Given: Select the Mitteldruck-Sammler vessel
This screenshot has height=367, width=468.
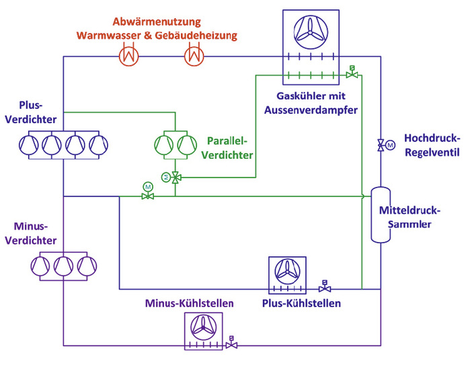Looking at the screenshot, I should (x=381, y=215).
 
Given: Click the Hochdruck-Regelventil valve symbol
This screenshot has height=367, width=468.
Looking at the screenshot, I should (x=381, y=145).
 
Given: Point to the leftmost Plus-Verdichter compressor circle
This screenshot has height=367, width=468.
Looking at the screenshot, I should (x=30, y=145).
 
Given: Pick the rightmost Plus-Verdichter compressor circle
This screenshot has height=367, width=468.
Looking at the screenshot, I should (x=98, y=145).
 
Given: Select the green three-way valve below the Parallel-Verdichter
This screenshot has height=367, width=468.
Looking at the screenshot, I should (x=175, y=178).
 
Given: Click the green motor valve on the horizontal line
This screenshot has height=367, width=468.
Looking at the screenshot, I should (x=147, y=196).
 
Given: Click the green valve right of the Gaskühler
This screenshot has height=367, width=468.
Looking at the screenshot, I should (x=350, y=75).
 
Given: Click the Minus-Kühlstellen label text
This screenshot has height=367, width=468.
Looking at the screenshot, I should (x=190, y=303).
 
